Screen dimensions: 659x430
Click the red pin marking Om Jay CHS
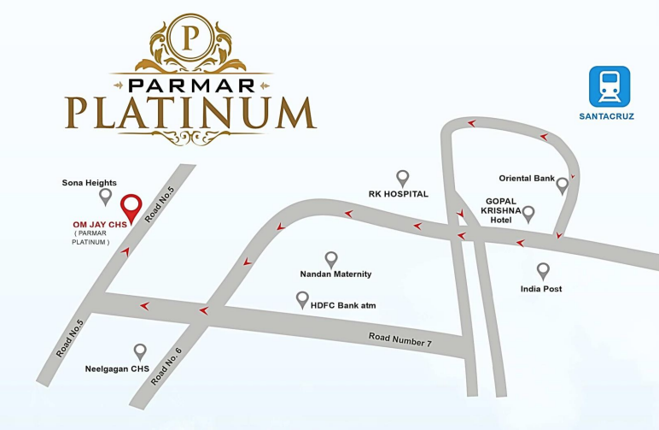131,207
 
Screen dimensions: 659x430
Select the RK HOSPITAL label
398,194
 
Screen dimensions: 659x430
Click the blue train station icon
609,86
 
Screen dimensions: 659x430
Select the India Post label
541,289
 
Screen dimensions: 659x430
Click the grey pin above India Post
543,271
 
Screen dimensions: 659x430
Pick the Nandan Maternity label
335,274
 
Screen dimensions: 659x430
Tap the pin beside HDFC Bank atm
302,299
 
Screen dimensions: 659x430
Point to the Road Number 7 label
400,339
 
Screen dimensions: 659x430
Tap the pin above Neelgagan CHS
140,350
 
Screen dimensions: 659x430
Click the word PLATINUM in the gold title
190,113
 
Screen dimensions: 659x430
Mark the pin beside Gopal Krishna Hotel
528,213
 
